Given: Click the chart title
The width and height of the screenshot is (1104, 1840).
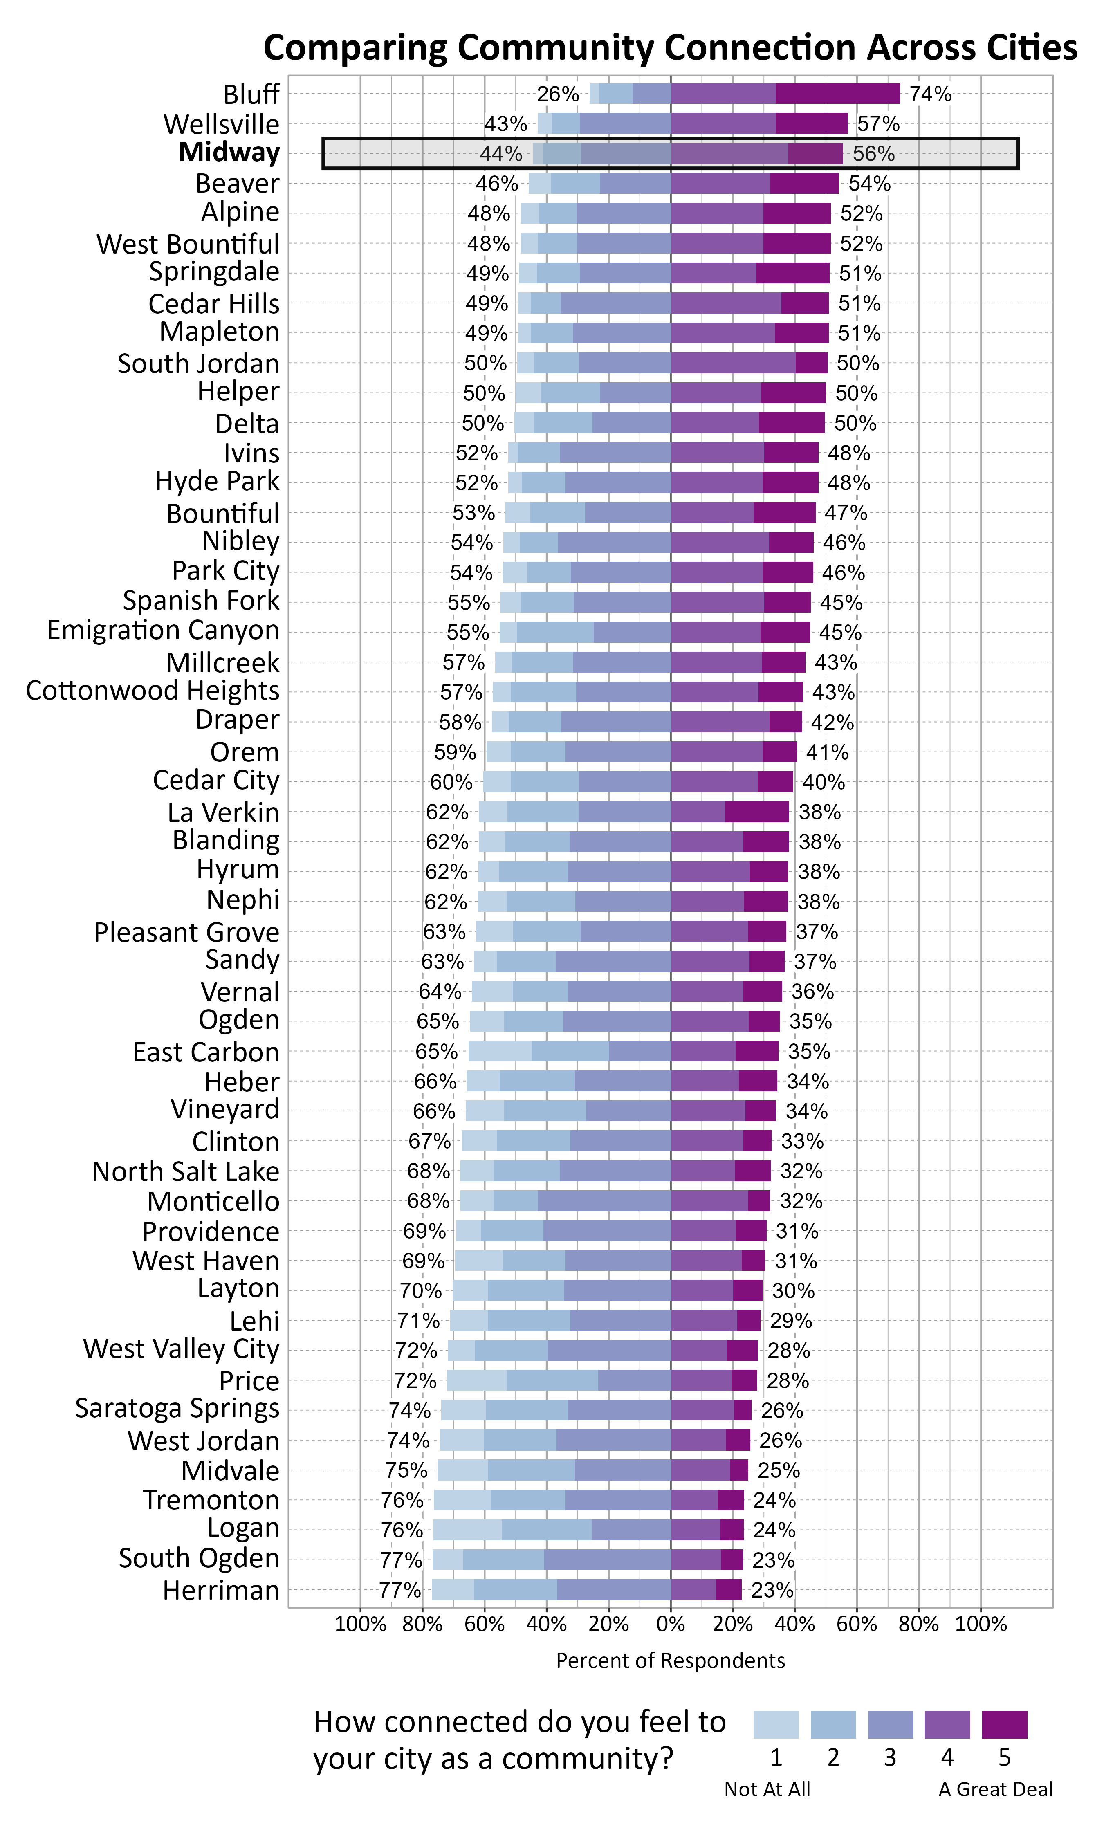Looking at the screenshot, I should (669, 47).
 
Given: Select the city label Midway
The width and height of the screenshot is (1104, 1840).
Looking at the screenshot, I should (229, 153).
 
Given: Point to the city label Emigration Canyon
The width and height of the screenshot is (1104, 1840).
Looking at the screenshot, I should (163, 631).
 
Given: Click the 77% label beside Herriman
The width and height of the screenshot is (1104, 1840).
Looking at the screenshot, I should (400, 1590).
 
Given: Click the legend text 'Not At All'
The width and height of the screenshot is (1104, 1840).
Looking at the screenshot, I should (767, 1789).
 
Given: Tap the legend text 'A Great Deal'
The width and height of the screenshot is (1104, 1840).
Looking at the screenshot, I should (995, 1789).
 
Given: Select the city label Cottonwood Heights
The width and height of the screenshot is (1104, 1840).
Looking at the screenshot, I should (153, 691).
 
